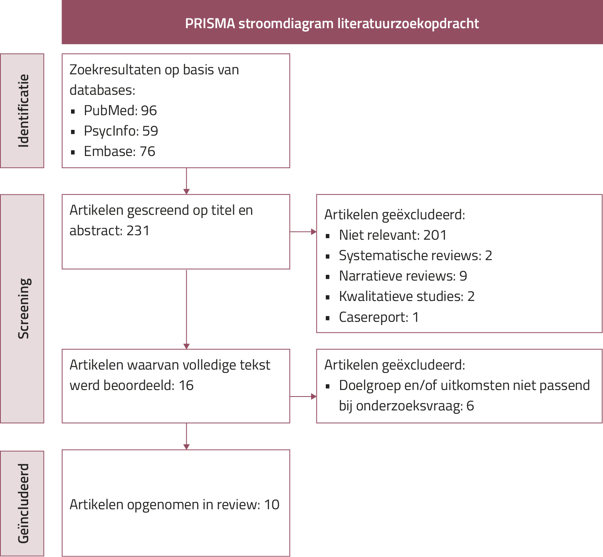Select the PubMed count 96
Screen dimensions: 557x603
coord(149,111)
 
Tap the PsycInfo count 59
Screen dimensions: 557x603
coord(150,131)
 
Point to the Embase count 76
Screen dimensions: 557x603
coord(147,152)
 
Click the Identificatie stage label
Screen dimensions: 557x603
coord(23,111)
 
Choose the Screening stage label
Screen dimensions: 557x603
coord(23,308)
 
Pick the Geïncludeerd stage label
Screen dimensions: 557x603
coord(23,503)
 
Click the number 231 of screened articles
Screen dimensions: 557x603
coord(138,231)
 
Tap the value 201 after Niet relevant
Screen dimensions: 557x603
coord(435,235)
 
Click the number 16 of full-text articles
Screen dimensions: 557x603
coord(186,385)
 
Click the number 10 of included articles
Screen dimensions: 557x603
coord(271,505)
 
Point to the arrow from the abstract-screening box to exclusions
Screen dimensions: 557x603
coord(303,232)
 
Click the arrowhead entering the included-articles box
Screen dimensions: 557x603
coord(187,447)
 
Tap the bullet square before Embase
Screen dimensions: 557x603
coord(73,152)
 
